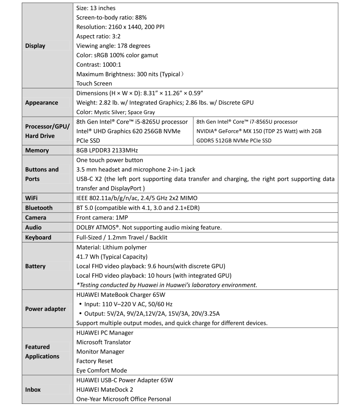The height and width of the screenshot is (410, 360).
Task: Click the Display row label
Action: (x=35, y=46)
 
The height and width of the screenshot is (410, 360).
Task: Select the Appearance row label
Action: (x=41, y=103)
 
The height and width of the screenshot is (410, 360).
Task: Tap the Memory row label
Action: (x=37, y=150)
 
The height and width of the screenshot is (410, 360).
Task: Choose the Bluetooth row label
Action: (x=39, y=208)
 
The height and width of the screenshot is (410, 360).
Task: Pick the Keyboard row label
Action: (x=38, y=237)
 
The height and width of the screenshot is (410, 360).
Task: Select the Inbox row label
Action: (x=33, y=390)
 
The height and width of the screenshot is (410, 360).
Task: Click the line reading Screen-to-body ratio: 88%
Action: (x=111, y=17)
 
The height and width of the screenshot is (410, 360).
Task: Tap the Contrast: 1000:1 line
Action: (x=100, y=64)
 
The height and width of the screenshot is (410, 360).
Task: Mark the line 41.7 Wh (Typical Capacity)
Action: (x=112, y=256)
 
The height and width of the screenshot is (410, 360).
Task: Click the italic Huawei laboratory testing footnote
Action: (x=167, y=285)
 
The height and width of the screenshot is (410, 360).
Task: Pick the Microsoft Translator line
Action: (x=104, y=342)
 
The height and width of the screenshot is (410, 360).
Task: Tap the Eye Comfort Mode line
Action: (x=101, y=370)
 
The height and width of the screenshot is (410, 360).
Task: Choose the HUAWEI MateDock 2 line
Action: (x=107, y=390)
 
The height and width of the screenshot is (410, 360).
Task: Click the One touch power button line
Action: (x=110, y=160)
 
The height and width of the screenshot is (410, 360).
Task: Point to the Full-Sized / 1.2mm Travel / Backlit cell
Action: (x=121, y=237)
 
